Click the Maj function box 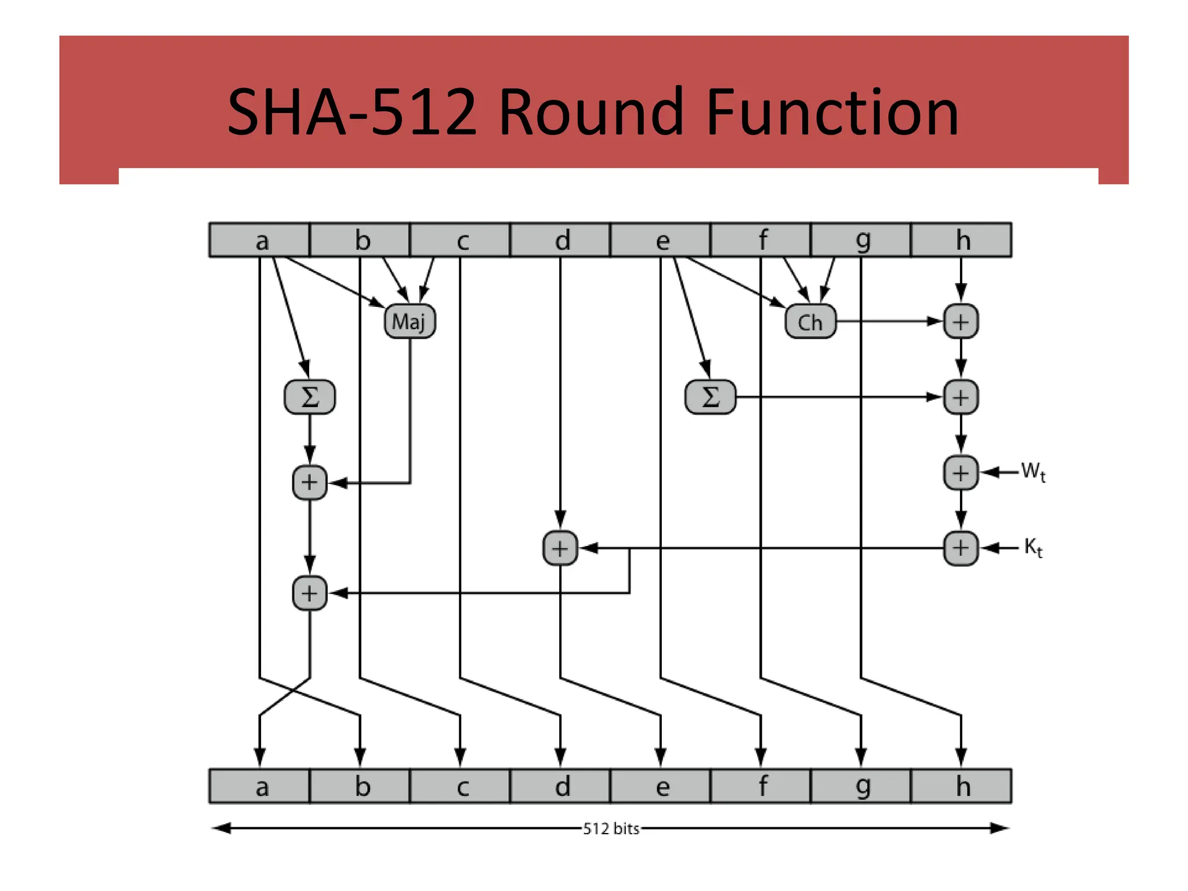coord(410,321)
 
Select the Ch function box coord(810,321)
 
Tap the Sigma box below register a coord(310,397)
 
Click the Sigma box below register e coord(711,397)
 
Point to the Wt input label coord(1033,471)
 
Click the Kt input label coord(1033,547)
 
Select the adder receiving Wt coord(961,473)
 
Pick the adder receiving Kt coord(961,548)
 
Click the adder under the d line coord(560,548)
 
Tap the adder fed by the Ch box coord(961,322)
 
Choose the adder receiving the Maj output coord(309,482)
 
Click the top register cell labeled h coord(961,240)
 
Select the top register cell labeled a coord(259,240)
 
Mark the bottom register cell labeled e coord(660,787)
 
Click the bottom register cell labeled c coord(460,787)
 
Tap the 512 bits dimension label coord(611,828)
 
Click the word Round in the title coord(591,111)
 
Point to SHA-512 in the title coord(352,111)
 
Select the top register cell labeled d coord(560,240)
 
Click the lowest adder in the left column coord(309,593)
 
